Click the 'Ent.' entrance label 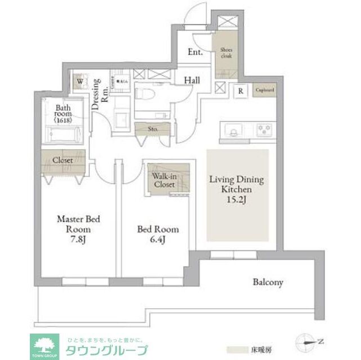click(x=195, y=53)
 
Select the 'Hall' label click(x=191, y=81)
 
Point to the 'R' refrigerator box click(x=240, y=90)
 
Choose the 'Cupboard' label click(x=264, y=89)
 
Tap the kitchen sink click(x=232, y=130)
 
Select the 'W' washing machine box click(x=81, y=82)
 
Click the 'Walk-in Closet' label click(x=165, y=179)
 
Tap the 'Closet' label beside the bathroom click(x=63, y=160)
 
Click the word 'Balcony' click(x=268, y=282)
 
